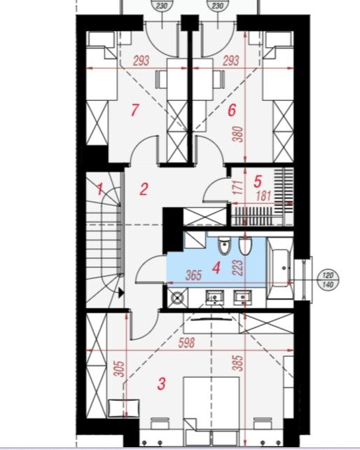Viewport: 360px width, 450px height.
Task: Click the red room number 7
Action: point(134,110)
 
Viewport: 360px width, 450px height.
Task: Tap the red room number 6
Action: point(232,110)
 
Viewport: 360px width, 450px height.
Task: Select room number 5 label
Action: point(258,182)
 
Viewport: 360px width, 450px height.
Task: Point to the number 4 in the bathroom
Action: point(216,268)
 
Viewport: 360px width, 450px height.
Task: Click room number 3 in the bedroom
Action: point(162,383)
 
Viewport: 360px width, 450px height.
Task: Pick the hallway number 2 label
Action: point(144,189)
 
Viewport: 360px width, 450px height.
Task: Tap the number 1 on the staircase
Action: point(100,189)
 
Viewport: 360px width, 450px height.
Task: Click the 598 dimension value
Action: point(186,343)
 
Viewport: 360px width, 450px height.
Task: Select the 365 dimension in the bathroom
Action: point(193,275)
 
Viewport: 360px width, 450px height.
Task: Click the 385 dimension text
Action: point(238,363)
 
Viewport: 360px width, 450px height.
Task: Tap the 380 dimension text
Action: point(238,135)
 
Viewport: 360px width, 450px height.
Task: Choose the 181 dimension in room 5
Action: point(263,196)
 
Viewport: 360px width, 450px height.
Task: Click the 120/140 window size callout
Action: point(328,280)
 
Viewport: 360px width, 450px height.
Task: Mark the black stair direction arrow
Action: point(121,293)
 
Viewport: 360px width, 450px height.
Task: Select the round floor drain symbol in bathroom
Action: point(177,298)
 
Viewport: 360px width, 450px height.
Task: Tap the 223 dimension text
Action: point(238,268)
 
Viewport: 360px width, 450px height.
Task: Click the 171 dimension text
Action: point(238,188)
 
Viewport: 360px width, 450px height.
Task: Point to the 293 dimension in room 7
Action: point(141,61)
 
